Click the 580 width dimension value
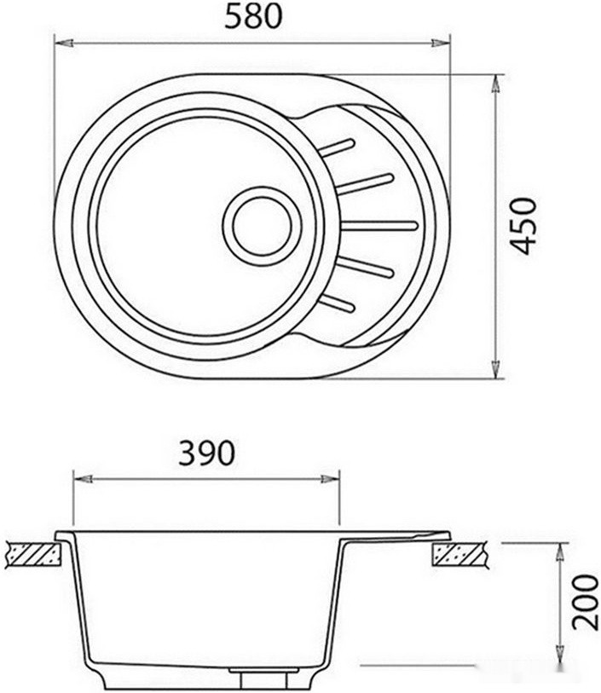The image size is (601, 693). coord(252,17)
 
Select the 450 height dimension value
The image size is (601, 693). coord(525,227)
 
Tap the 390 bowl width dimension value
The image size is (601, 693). coord(205,453)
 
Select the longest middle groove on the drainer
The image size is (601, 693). coord(381,226)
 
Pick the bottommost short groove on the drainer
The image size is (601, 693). coord(338,302)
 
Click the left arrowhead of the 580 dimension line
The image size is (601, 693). coord(61,42)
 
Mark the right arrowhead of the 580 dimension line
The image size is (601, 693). coord(442,42)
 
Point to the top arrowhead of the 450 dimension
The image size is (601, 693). coord(496,82)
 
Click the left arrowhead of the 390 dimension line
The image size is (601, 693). coord(79,478)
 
